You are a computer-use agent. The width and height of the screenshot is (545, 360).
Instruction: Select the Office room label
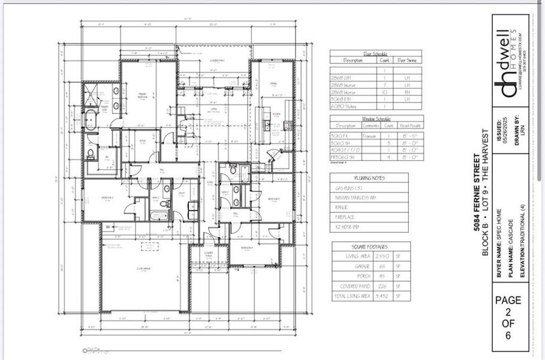pyautogui.click(x=143, y=142)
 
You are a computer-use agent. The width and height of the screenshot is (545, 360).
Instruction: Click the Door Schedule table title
pyautogui.click(x=375, y=53)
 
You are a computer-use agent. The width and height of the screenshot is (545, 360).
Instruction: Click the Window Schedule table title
pyautogui.click(x=375, y=118)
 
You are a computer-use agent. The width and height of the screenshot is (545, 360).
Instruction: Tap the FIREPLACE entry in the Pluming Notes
pyautogui.click(x=346, y=217)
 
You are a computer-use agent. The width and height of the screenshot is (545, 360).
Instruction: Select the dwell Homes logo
pyautogui.click(x=510, y=63)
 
